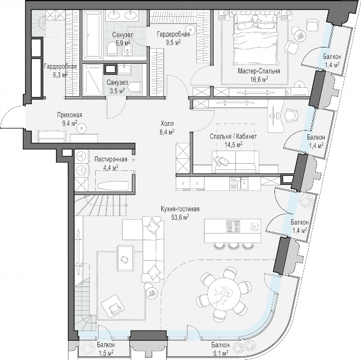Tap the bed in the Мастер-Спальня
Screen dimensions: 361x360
click(254, 39)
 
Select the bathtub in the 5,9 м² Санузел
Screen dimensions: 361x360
click(92, 35)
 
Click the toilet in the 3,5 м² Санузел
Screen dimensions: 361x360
click(135, 87)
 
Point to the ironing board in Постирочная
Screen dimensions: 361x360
click(113, 186)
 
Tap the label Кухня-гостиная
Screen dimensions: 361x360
click(180, 209)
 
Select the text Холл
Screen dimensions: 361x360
click(167, 124)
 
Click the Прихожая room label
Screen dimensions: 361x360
click(70, 115)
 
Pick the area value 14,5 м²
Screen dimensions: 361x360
click(233, 144)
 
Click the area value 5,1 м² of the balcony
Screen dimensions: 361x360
click(220, 352)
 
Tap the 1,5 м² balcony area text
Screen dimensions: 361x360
click(106, 353)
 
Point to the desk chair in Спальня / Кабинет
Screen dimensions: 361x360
click(291, 115)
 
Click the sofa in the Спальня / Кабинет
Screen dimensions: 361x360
click(235, 161)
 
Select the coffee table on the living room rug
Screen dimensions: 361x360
click(126, 258)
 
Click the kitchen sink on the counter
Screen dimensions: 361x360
click(242, 184)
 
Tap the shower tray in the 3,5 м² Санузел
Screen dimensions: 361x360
click(93, 79)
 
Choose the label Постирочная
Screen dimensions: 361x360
click(111, 160)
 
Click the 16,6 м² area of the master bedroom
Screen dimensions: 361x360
click(259, 79)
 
